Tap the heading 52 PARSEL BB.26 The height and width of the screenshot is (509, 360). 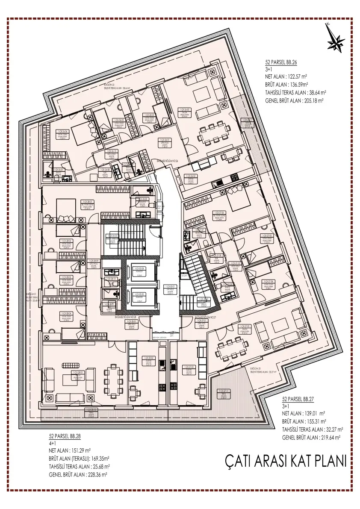click(281, 62)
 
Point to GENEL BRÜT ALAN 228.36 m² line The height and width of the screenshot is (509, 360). click(78, 474)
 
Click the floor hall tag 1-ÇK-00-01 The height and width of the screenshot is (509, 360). click(171, 288)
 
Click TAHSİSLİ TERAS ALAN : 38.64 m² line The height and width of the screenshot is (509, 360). click(295, 92)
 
